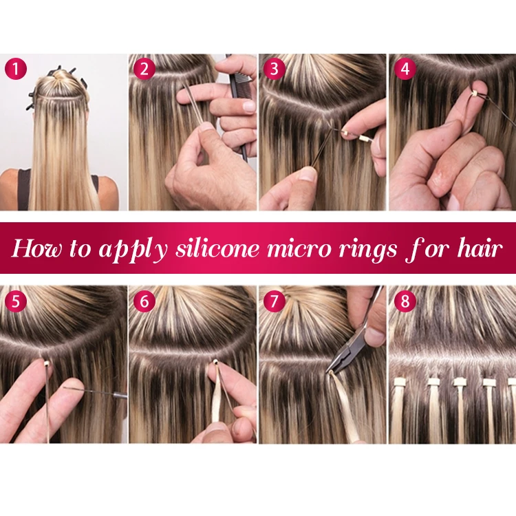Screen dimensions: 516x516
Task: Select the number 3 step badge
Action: (275, 69)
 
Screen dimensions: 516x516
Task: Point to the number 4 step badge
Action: (404, 69)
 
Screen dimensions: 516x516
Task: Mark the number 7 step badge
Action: (275, 301)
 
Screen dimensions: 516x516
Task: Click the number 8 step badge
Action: (404, 301)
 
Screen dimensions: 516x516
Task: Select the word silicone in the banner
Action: (213, 248)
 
